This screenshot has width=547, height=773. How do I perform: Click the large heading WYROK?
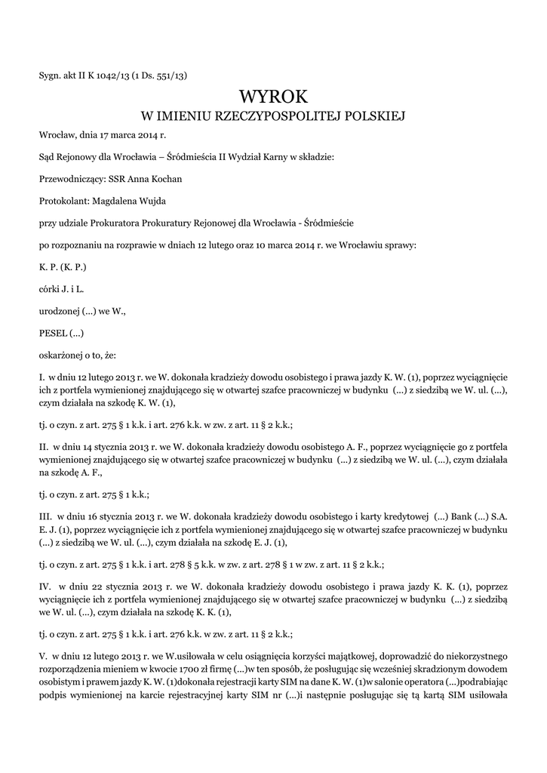273,97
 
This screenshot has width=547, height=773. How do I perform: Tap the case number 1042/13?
112,75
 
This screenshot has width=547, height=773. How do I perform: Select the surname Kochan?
166,179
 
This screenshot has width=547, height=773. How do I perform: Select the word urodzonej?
59,310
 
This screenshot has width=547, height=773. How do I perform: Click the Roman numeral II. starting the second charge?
43,447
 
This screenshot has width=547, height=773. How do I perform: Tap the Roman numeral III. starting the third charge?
45,518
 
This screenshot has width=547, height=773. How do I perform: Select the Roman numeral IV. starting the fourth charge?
45,585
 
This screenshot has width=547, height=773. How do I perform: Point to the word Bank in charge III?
459,518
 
